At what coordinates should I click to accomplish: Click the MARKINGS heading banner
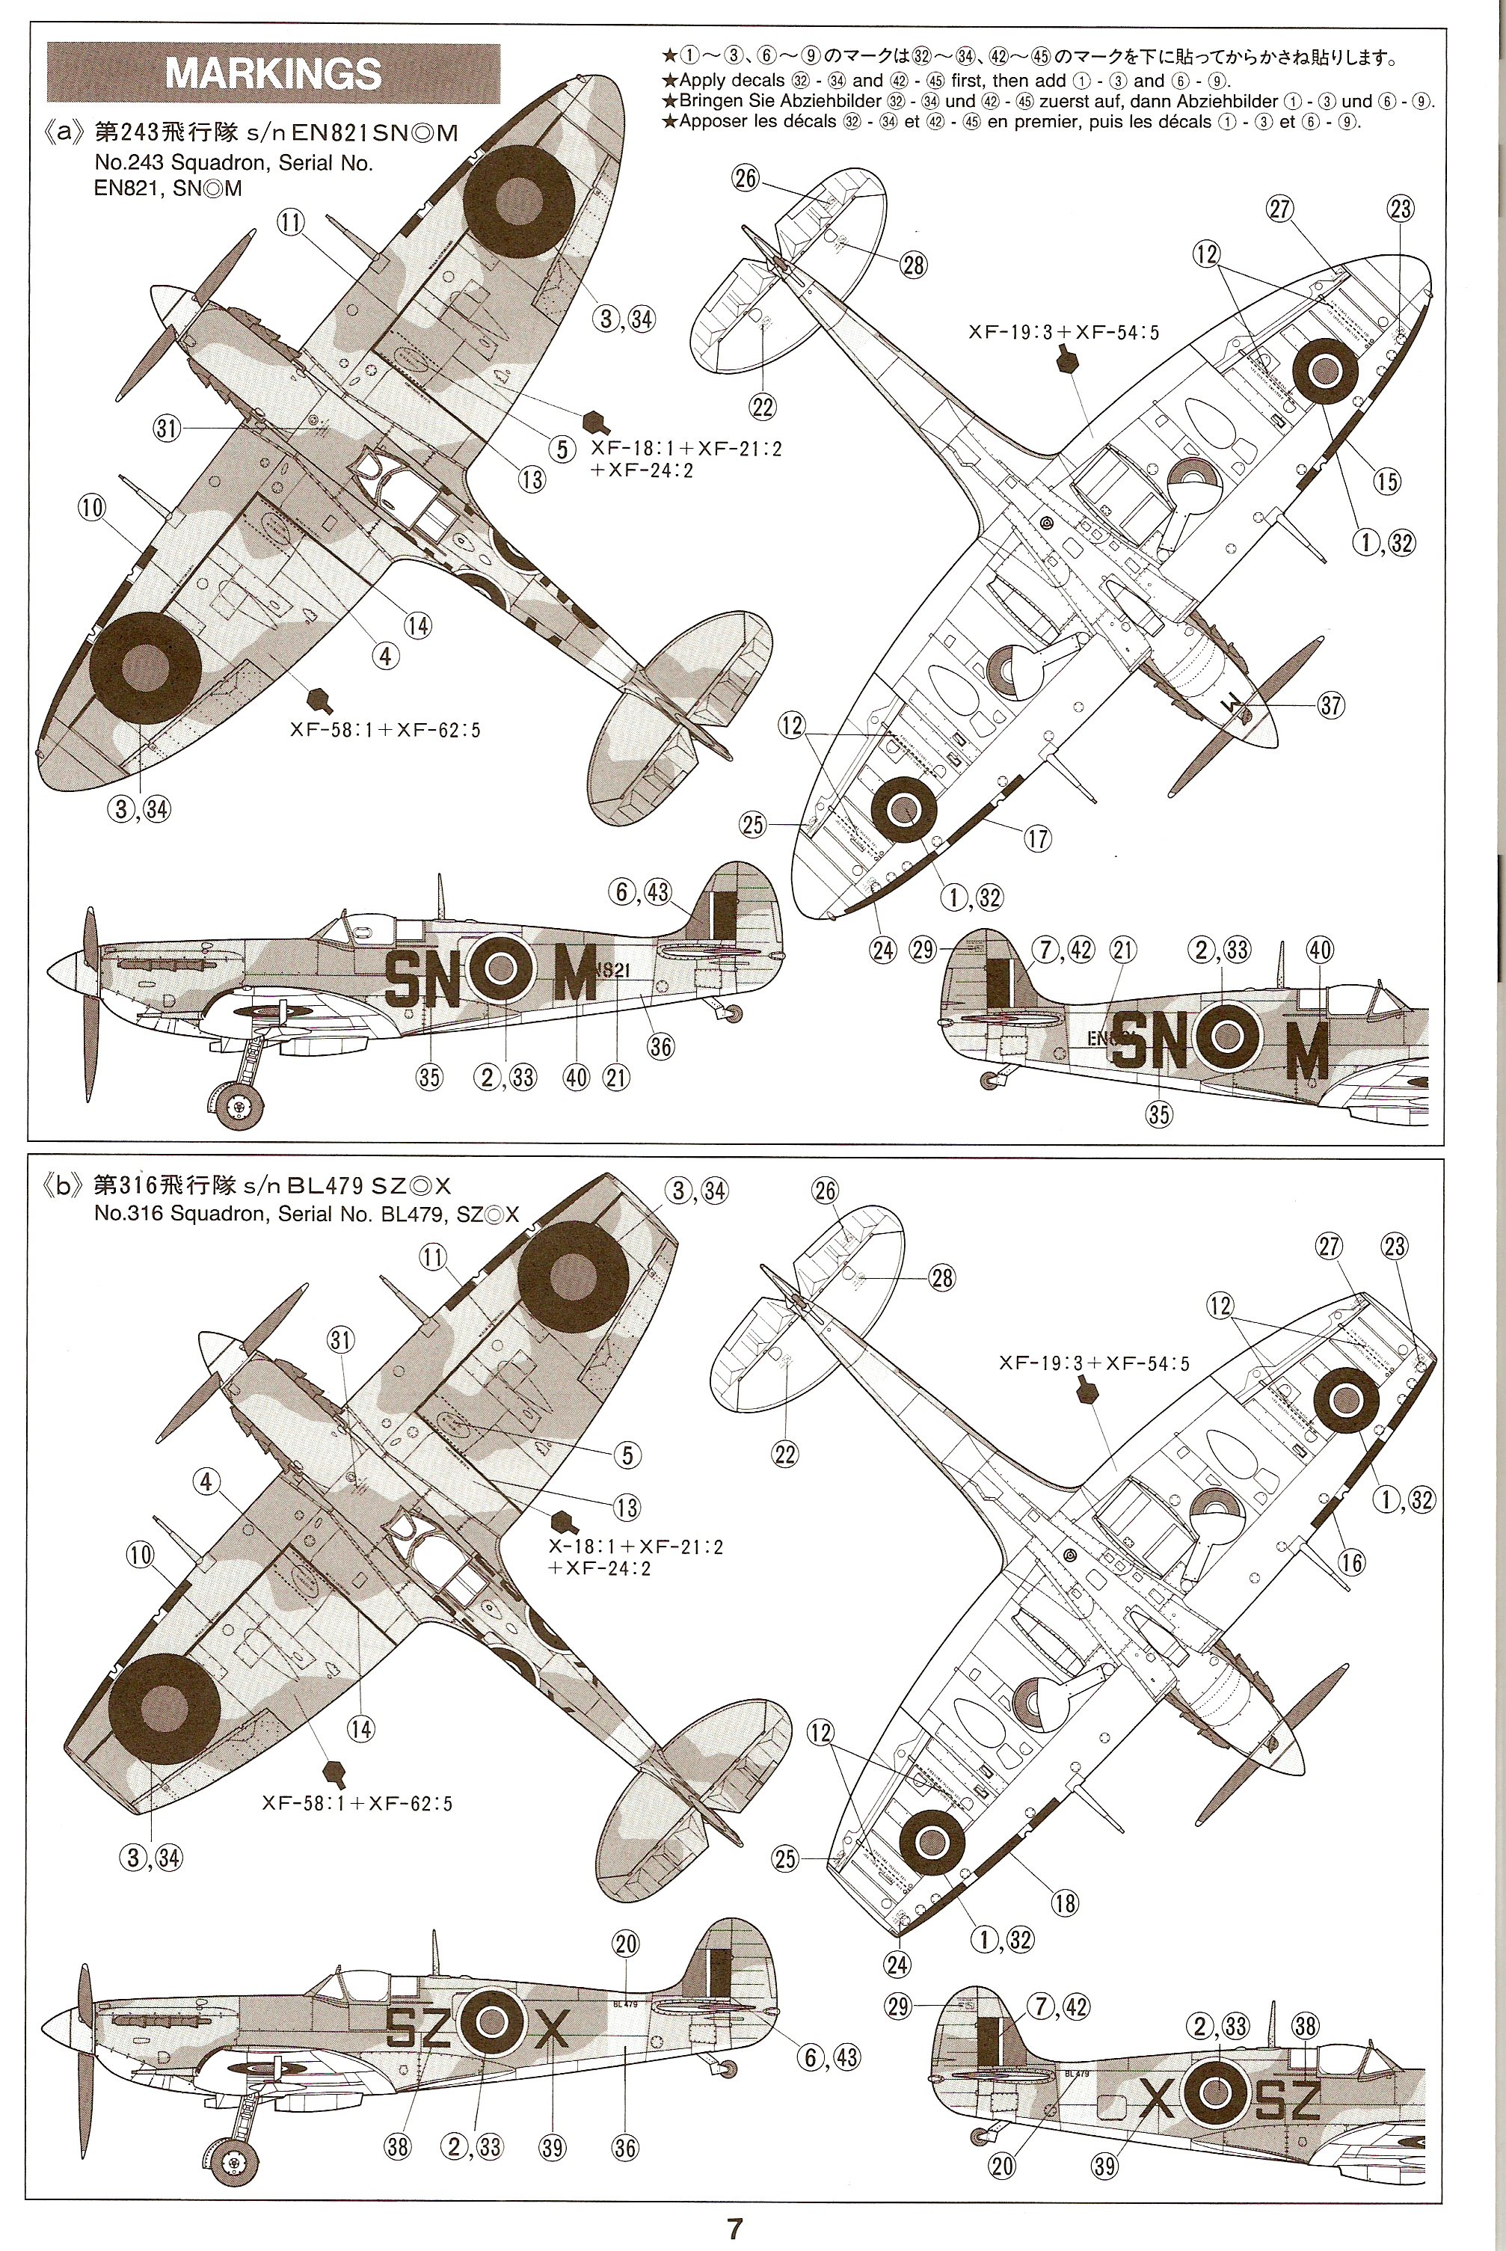point(274,74)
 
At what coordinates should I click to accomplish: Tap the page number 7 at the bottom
point(735,2228)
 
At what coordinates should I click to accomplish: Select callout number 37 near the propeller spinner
point(1330,705)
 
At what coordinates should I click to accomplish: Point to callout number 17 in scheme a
point(1037,838)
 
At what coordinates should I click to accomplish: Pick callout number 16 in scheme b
point(1351,1562)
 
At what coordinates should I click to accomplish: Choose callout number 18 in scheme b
point(1064,1903)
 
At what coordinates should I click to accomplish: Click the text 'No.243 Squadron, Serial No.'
point(233,163)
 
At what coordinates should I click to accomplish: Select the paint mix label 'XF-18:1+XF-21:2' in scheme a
point(686,449)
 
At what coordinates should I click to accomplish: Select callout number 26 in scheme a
point(746,178)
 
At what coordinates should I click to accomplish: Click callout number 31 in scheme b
point(341,1339)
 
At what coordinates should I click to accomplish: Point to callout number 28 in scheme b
point(942,1277)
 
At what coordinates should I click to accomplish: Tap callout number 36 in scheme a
point(661,1047)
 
